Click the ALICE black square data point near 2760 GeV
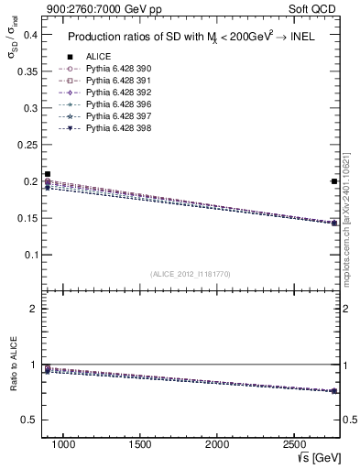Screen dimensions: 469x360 click(x=334, y=181)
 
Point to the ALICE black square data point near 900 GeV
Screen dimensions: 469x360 click(x=48, y=174)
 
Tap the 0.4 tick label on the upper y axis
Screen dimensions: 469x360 click(x=29, y=35)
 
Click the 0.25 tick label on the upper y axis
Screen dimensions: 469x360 click(x=27, y=145)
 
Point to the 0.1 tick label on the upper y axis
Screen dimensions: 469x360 click(x=29, y=255)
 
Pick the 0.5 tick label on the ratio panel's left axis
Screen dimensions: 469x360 click(x=29, y=420)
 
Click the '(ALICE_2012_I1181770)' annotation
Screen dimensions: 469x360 click(x=190, y=273)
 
